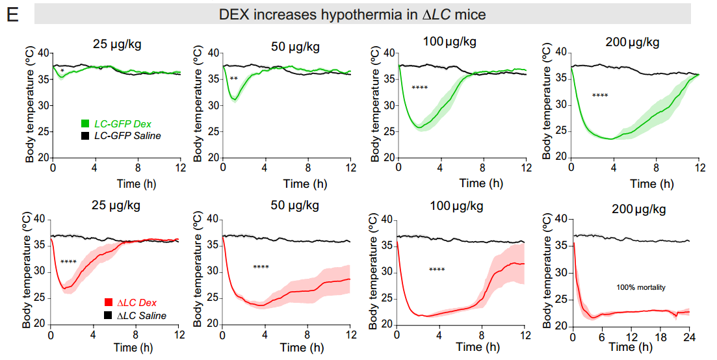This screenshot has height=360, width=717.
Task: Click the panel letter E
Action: [11, 13]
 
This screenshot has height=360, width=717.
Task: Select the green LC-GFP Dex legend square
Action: [85, 123]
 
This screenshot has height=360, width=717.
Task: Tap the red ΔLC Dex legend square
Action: [109, 303]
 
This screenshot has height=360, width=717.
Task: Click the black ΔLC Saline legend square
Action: [109, 316]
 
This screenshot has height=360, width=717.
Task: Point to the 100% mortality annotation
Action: [641, 287]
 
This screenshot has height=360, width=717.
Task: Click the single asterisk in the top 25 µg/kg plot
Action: [62, 71]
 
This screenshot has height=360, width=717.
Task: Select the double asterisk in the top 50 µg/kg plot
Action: [233, 79]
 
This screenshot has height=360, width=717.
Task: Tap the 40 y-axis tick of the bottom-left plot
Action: [40, 220]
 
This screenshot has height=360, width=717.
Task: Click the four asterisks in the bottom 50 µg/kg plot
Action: [261, 267]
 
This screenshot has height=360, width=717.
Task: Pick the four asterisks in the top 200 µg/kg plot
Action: [600, 96]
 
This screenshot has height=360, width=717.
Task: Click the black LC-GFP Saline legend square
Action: [85, 136]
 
